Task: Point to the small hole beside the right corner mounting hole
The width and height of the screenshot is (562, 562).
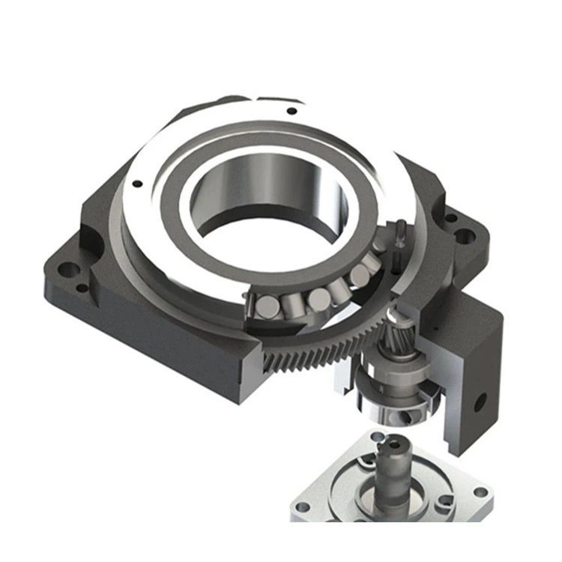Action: click(x=451, y=220)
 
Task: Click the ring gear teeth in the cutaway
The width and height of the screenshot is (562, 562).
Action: click(x=315, y=352)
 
